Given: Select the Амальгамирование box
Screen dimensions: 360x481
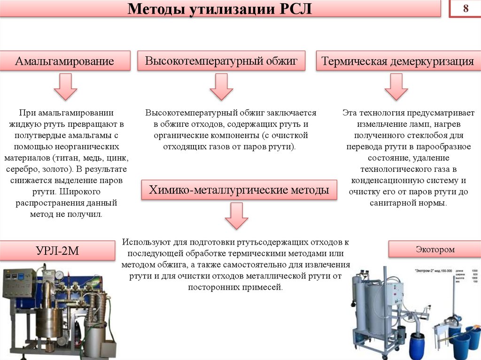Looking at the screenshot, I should click(x=65, y=61).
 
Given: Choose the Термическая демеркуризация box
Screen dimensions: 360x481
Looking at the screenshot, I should click(x=397, y=61).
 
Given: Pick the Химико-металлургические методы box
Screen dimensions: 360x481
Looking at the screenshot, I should click(x=239, y=190).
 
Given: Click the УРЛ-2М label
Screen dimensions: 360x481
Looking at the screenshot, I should click(x=57, y=251).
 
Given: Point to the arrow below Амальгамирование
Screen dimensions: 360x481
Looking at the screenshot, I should click(x=65, y=87).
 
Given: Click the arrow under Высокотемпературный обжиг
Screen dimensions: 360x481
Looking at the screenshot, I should click(x=221, y=87).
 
